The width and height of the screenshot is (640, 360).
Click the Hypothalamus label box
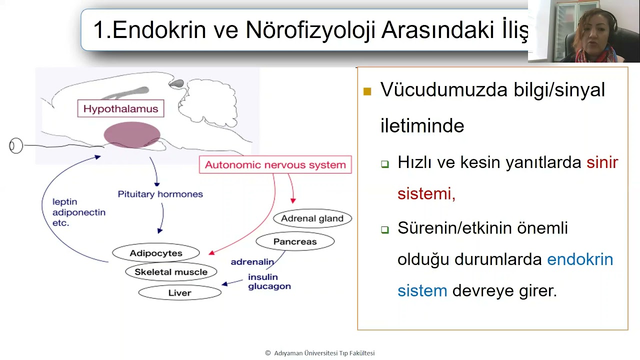click(120, 109)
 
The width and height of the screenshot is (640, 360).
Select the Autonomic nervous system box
click(275, 165)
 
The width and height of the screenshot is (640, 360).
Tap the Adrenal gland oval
click(312, 218)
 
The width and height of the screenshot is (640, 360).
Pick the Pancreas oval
click(295, 242)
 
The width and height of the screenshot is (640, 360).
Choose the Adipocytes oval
click(156, 253)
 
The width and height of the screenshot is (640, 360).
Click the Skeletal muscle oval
click(170, 272)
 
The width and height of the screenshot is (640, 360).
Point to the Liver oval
click(179, 293)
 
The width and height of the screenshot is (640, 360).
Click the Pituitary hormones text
click(160, 194)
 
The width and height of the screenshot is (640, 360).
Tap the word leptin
click(64, 202)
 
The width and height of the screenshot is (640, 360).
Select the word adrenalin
click(252, 262)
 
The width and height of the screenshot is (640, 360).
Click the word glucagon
click(269, 286)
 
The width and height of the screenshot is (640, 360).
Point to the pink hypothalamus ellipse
click(131, 134)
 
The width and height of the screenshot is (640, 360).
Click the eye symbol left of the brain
click(16, 145)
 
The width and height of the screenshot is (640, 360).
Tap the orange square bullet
click(367, 91)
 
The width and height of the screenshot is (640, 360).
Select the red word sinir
click(602, 162)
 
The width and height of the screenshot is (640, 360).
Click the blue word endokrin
click(580, 259)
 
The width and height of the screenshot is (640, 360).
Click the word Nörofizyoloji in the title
click(310, 30)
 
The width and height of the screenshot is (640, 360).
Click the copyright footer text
click(320, 353)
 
